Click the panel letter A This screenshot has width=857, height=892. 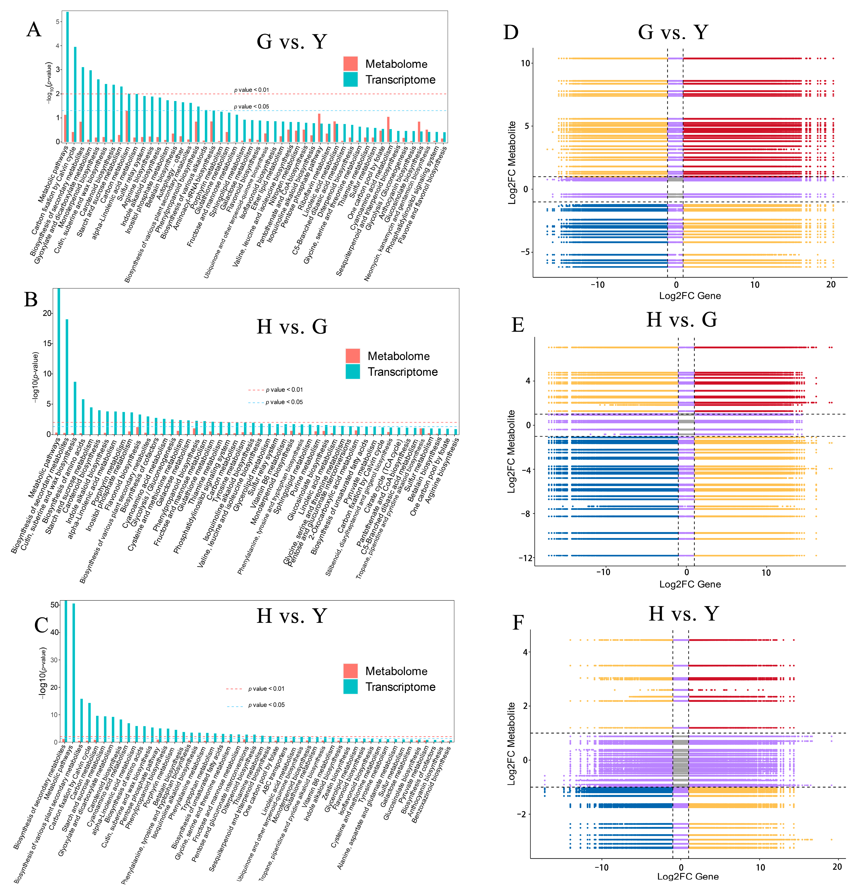click(x=34, y=30)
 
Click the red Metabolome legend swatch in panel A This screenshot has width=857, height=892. click(x=350, y=64)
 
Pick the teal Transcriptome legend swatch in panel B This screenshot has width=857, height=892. click(x=353, y=371)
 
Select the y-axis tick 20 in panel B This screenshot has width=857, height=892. click(x=47, y=313)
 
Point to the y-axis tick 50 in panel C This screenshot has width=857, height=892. click(x=54, y=605)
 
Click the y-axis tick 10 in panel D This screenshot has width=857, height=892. click(x=525, y=63)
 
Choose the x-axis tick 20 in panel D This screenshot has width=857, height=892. click(x=831, y=285)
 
